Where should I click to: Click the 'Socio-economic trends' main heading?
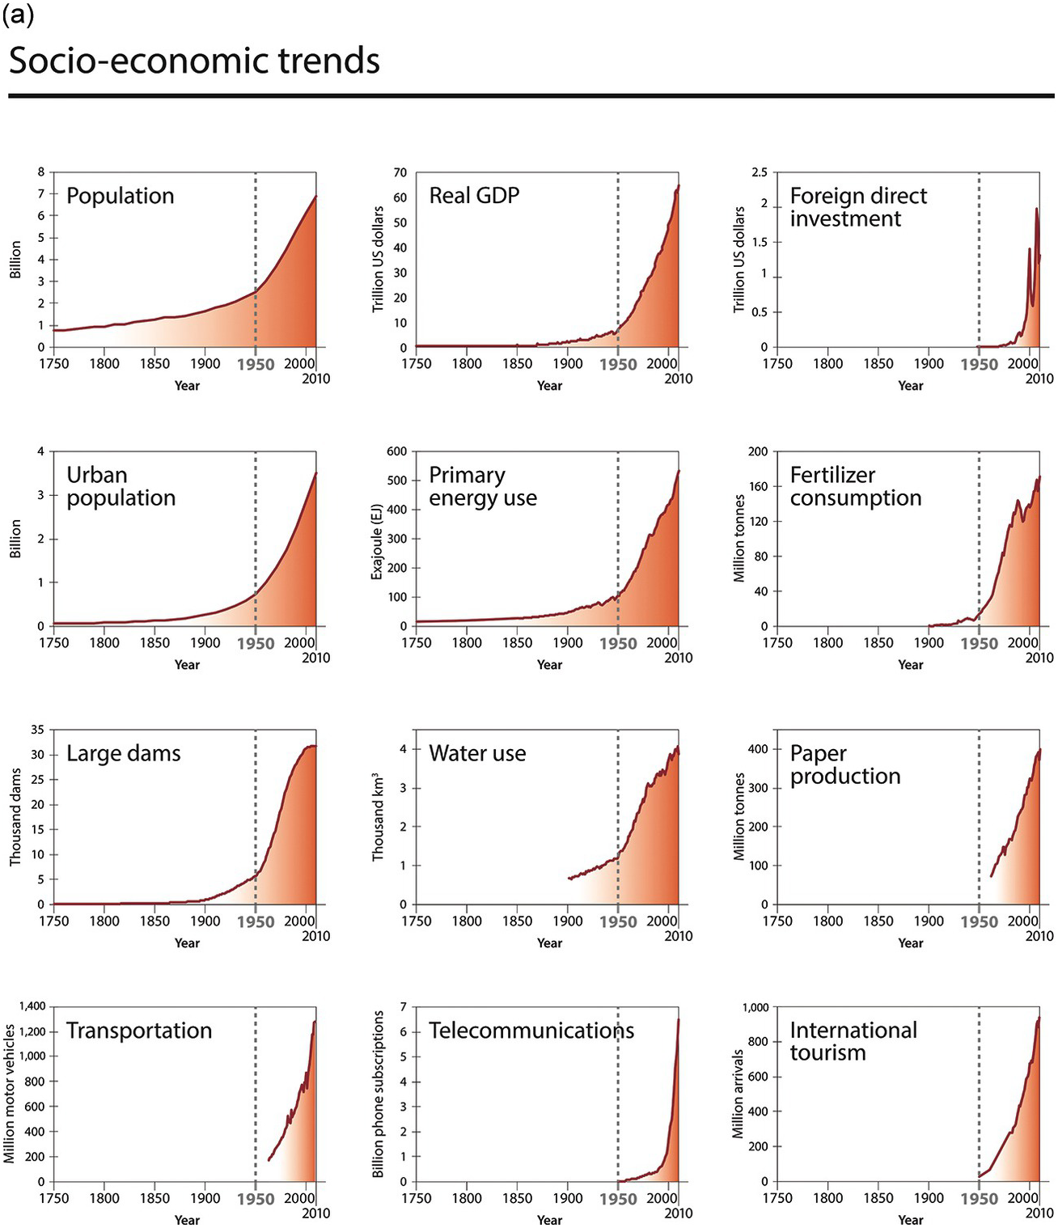click(x=194, y=61)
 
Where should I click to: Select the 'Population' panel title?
click(x=120, y=196)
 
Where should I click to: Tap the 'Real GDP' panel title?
click(x=474, y=196)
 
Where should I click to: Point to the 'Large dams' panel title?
click(x=123, y=753)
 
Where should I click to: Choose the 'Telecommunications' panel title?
click(x=531, y=1031)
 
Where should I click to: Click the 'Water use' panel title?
click(x=477, y=753)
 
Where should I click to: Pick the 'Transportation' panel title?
click(x=138, y=1031)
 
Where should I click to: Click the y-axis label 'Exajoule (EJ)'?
click(x=377, y=539)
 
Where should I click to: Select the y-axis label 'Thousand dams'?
click(x=15, y=817)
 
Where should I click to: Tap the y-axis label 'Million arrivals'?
click(x=738, y=1094)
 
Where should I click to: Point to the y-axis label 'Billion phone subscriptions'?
click(x=377, y=1094)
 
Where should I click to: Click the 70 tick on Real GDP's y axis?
click(x=400, y=173)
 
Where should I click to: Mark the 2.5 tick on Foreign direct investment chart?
click(x=759, y=173)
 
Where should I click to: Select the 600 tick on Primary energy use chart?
click(x=396, y=451)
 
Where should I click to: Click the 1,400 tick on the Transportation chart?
click(x=31, y=1006)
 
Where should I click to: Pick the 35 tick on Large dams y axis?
click(x=37, y=730)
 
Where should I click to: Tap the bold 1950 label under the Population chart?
click(x=256, y=365)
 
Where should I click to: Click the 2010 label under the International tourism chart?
click(x=1040, y=1213)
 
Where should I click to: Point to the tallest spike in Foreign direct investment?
click(x=1036, y=209)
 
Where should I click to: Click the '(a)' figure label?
click(x=18, y=15)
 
